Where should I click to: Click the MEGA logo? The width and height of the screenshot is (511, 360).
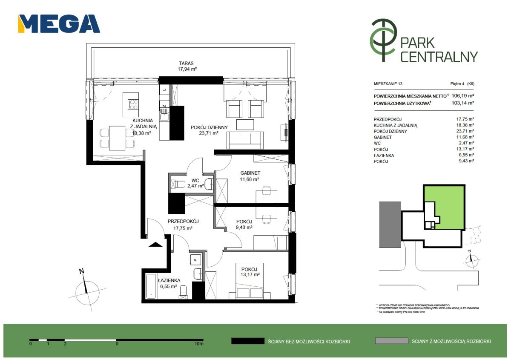point(59,24)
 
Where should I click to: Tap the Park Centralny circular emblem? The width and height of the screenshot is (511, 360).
point(383,40)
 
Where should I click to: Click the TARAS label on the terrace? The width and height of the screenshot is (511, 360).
point(186,63)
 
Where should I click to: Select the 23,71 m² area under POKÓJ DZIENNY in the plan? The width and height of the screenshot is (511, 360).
point(209,133)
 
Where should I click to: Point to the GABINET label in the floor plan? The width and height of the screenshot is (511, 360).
point(250,173)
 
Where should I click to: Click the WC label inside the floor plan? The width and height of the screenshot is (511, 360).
point(195,181)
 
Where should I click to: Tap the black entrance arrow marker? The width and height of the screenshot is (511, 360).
point(155,245)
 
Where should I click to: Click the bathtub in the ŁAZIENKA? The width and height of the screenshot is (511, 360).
point(151,286)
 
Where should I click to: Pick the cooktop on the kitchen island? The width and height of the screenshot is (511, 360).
point(133,104)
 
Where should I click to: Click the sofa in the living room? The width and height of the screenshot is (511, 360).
point(245,140)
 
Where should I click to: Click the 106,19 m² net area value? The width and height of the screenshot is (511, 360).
point(462,96)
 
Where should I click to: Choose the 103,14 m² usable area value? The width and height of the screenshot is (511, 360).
point(462,103)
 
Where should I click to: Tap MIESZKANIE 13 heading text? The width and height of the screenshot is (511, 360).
point(388,84)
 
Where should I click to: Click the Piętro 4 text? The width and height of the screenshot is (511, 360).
point(457,84)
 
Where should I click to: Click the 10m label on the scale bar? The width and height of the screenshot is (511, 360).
point(199,343)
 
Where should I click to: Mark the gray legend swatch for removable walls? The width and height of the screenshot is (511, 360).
point(391,341)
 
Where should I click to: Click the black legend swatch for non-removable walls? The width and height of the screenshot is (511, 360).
point(248,341)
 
